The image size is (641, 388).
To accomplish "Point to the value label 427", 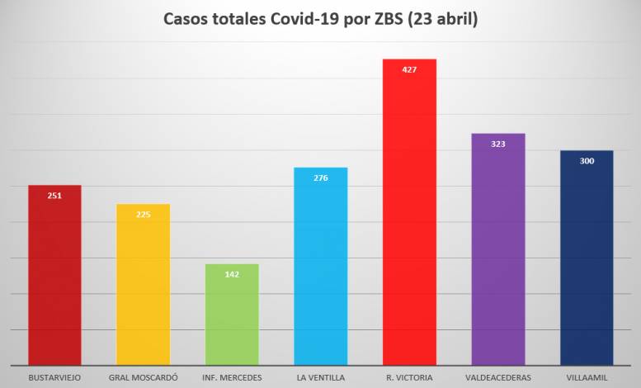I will tap(409, 69).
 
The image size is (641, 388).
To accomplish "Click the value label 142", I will tap(232, 274).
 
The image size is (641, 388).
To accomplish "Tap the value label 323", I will tap(497, 144).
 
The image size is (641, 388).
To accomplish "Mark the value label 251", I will tap(54, 196).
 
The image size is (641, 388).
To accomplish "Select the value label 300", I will tap(587, 161).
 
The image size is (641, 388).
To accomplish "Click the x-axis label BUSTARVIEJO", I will tap(54, 378).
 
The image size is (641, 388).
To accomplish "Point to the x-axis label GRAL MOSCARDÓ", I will tap(143, 378).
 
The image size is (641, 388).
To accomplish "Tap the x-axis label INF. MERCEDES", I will tap(232, 378).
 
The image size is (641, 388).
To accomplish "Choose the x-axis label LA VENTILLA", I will tap(321, 378).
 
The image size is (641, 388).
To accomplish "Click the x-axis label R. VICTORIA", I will tap(409, 378).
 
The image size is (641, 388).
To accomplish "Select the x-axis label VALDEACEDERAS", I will tap(497, 378).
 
